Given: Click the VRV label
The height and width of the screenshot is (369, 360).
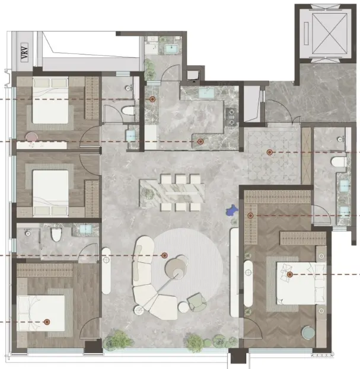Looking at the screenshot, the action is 24,53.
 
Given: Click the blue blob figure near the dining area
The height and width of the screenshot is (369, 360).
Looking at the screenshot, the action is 232,210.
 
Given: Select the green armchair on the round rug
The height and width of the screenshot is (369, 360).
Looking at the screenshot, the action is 197,302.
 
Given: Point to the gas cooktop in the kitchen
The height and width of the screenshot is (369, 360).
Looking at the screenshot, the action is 231,116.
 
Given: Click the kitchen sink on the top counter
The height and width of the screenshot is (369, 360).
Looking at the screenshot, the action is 206,93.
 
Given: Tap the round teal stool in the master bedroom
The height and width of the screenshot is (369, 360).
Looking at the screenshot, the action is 308,332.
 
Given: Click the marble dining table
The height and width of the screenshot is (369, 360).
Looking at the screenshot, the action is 172,194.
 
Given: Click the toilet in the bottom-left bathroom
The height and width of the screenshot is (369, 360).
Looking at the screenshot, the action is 56,235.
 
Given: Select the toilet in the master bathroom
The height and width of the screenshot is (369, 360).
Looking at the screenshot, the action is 339,162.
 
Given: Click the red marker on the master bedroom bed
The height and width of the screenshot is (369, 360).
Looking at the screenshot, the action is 290,274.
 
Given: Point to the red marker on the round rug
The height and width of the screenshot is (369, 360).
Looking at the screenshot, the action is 164,255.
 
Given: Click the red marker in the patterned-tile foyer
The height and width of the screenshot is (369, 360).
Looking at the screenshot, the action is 269,152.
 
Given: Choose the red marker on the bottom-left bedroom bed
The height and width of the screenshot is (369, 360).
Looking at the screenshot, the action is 47,322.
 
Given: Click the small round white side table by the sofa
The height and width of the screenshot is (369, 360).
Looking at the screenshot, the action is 183,307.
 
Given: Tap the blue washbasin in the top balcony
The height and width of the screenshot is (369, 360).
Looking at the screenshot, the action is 172,49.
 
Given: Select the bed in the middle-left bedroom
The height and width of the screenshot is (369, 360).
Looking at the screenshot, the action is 50,193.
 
